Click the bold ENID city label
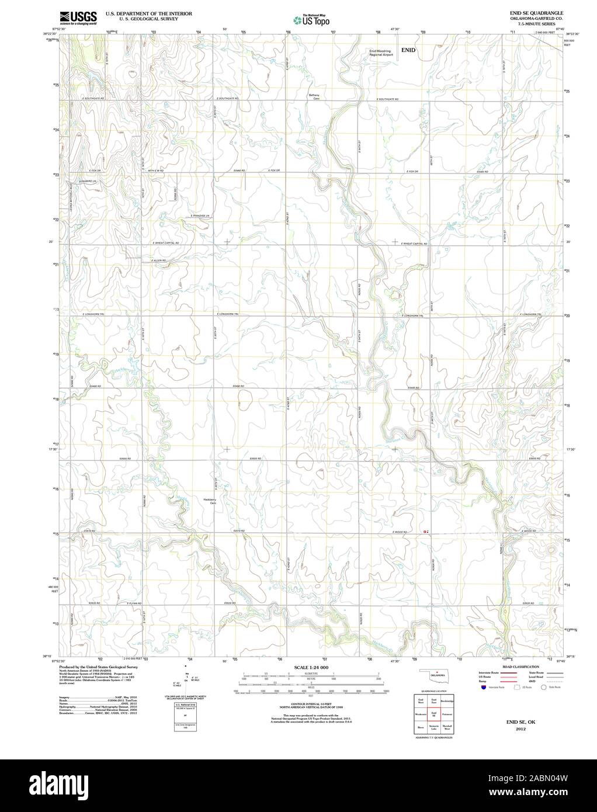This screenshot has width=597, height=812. click(x=408, y=50)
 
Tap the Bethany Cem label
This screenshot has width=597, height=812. click(x=315, y=97)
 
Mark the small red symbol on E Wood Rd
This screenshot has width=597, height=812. click(x=425, y=532)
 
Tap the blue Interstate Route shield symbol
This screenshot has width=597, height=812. click(x=483, y=687)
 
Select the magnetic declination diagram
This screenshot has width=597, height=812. click(x=188, y=678)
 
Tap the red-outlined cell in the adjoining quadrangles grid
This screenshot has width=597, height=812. click(x=433, y=714)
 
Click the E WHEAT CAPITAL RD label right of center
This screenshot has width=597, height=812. click(x=414, y=243)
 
